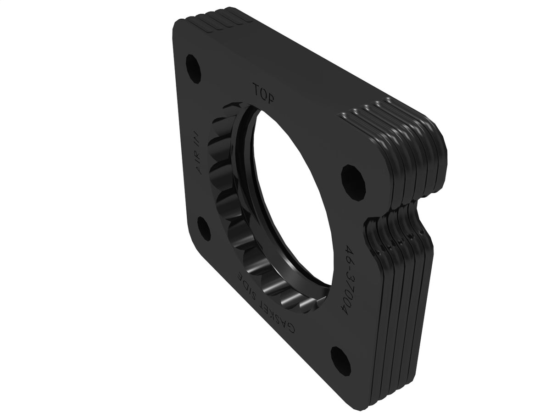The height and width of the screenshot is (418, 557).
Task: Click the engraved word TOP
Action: click(x=262, y=90)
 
